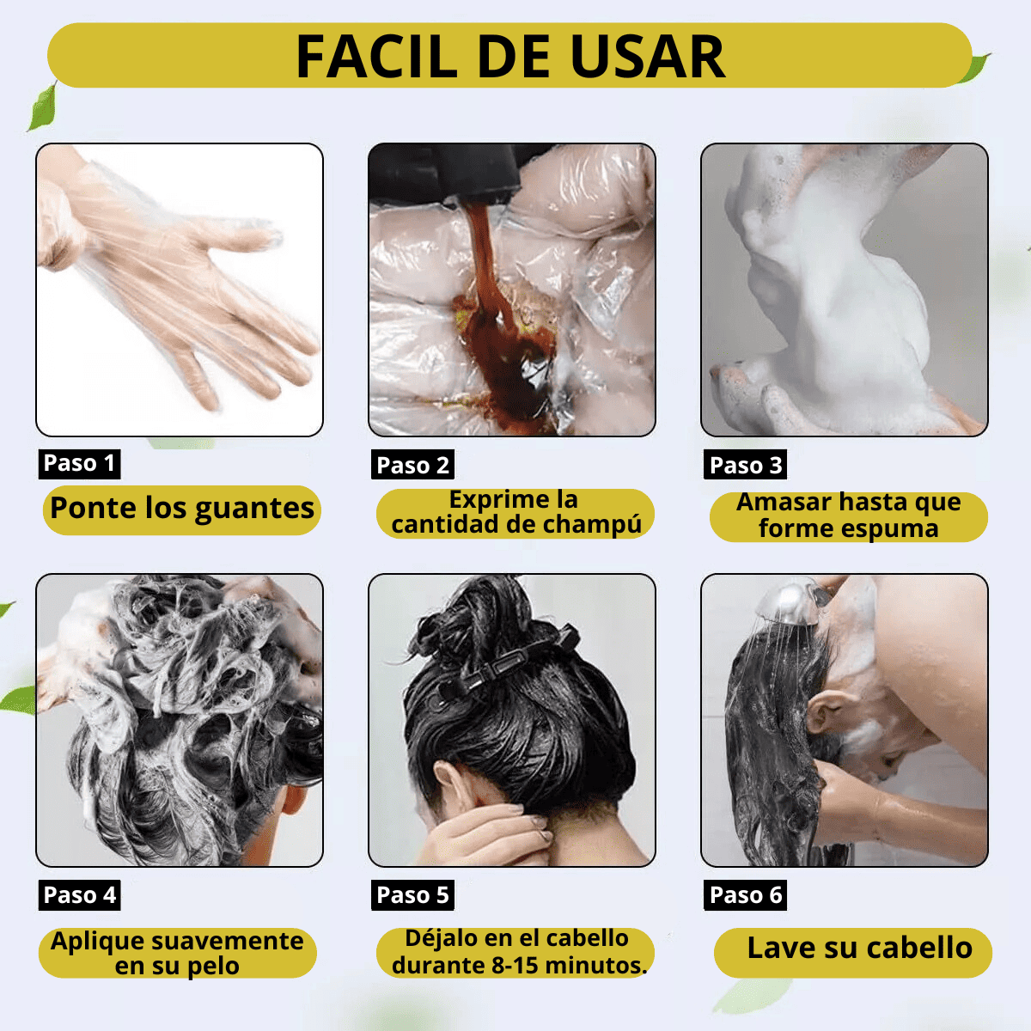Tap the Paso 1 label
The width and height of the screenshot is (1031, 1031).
tap(79, 463)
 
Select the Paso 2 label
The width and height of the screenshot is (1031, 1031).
tap(412, 465)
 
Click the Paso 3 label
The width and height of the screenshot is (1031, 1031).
tap(745, 465)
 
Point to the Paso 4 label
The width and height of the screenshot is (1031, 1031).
tap(79, 894)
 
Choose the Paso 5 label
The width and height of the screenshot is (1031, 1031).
tap(412, 894)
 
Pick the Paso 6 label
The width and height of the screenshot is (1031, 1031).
tap(745, 894)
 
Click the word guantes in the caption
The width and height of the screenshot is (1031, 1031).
tap(254, 509)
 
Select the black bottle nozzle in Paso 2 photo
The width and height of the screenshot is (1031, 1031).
tap(445, 171)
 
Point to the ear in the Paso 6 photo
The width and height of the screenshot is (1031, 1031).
tap(826, 712)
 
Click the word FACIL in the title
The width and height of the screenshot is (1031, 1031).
tap(376, 58)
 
